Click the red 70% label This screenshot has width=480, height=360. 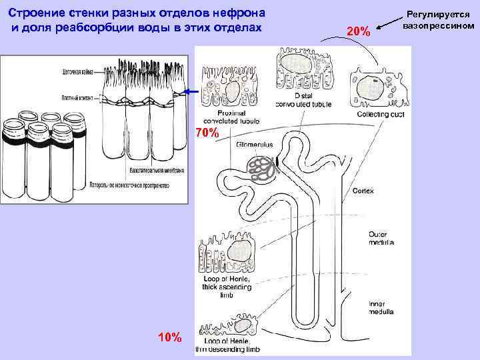click(x=207, y=133)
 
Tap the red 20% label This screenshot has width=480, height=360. click(x=359, y=31)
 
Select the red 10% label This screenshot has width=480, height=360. click(x=169, y=337)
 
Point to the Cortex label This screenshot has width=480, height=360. click(x=363, y=191)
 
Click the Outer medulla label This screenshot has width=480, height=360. click(x=381, y=238)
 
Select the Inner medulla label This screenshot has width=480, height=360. click(x=381, y=308)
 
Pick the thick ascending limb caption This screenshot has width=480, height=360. click(x=226, y=287)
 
